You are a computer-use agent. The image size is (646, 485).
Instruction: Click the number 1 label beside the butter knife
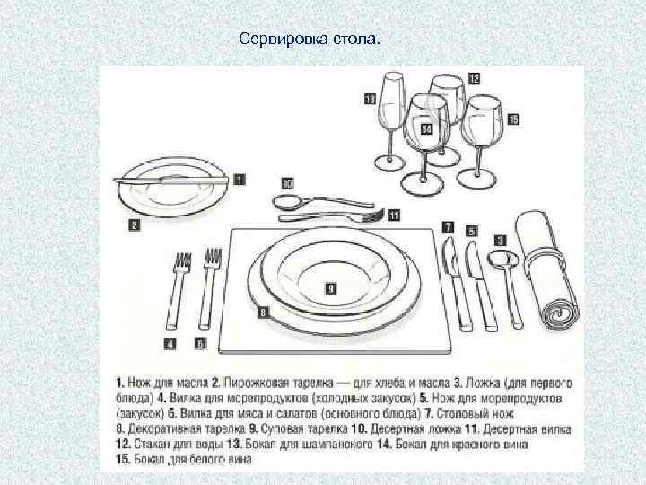pos(239,180)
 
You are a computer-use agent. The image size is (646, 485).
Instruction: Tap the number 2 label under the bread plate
pos(134,225)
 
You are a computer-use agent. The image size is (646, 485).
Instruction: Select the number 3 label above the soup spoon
pos(500,240)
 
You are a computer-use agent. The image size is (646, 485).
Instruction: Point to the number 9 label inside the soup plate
pos(330,288)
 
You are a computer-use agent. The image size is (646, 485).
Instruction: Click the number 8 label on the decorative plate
pos(263,313)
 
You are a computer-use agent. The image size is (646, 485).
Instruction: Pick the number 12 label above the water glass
pos(472,78)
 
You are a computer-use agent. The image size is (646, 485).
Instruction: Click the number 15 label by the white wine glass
pos(512,119)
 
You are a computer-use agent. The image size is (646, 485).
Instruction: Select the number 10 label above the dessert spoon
pos(287,181)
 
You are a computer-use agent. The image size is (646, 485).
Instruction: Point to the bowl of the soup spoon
pos(499,261)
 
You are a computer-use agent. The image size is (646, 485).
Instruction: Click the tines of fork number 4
pos(182,263)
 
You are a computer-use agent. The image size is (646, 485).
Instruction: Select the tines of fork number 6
pos(213,260)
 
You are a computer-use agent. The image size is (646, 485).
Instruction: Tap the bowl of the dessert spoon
pos(286,201)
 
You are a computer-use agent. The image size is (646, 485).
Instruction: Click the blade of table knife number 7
pos(450,260)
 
